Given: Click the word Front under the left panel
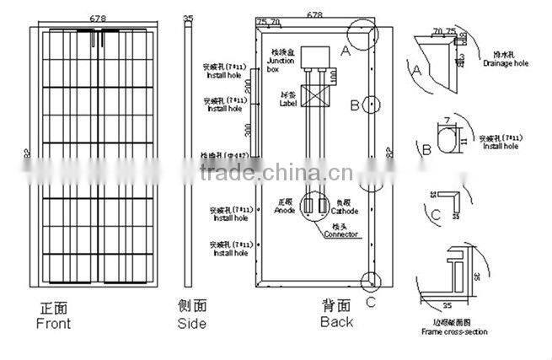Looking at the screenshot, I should coord(54,324).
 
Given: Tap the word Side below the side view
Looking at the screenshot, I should coord(191,324).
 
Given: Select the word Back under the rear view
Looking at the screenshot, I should coord(337,322).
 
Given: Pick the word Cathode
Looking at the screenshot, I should coord(346,211).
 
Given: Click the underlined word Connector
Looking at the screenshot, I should coord(340,234).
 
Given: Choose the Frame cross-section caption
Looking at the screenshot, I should coord(453,331).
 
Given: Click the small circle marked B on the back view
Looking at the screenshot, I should coord(371,105).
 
